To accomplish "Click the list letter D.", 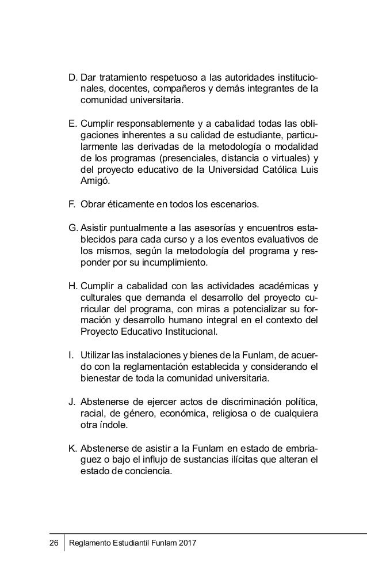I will click(72, 78).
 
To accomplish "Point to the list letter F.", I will click(72, 205).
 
